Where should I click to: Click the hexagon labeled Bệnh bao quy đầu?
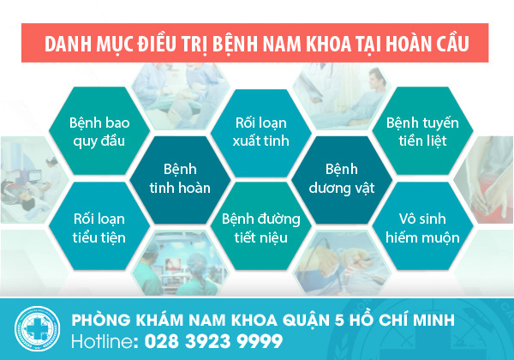[99, 131]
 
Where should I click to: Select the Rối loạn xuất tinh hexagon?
[261, 133]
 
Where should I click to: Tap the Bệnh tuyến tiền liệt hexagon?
[423, 131]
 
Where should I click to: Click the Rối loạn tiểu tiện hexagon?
[99, 226]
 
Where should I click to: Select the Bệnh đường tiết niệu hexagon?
[261, 226]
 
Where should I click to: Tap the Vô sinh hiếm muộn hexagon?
[423, 226]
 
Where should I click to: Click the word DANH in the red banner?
[68, 44]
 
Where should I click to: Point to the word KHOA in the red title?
[328, 44]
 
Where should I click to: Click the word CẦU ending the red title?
[453, 43]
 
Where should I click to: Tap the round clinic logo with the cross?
[38, 328]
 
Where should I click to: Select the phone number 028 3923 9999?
[213, 341]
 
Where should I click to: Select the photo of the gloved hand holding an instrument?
[342, 263]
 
